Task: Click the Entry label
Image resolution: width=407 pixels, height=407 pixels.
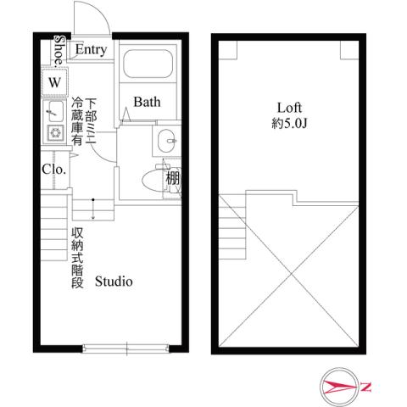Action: (x=91, y=50)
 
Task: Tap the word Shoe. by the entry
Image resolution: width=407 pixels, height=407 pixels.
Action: (x=58, y=50)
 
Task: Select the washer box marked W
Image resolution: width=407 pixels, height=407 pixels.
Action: (x=54, y=83)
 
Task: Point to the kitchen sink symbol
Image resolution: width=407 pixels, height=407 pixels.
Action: (x=54, y=110)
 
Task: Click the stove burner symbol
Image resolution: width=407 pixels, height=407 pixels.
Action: (x=55, y=132)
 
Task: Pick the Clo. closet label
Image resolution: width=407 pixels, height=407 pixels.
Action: (x=54, y=168)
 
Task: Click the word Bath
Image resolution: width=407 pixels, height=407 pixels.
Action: (x=146, y=103)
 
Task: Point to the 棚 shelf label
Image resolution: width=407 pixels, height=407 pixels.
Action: (x=173, y=179)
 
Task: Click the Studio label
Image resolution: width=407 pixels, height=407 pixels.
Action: (x=113, y=282)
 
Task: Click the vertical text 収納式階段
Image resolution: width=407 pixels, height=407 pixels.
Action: (x=76, y=259)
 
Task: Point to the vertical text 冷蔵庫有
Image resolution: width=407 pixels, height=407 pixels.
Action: (x=78, y=123)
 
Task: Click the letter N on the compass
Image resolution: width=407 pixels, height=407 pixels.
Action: (x=366, y=387)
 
